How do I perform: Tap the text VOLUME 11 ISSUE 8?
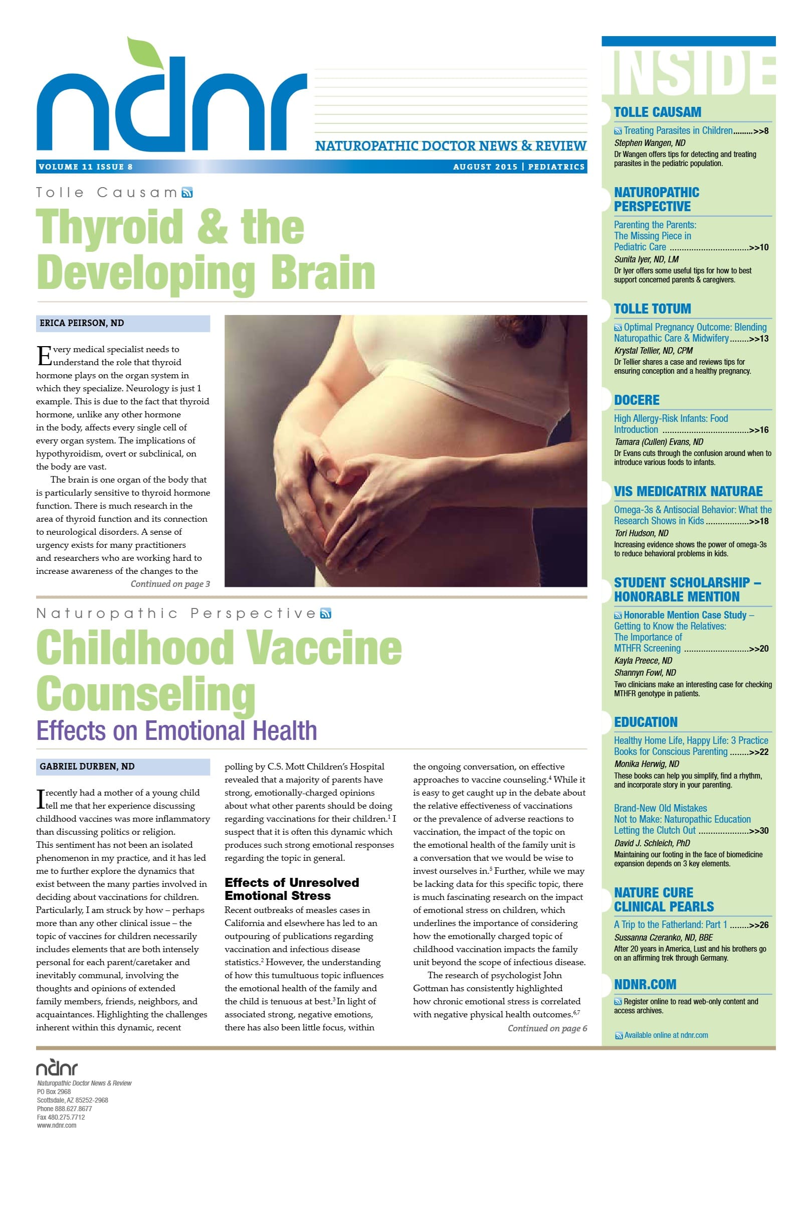point(85,167)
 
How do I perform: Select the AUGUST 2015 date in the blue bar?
point(485,167)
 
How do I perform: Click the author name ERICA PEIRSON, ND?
point(82,324)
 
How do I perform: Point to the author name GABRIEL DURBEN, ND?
point(87,767)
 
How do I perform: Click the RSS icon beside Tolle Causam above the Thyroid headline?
point(187,193)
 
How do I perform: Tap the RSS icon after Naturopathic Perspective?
point(326,614)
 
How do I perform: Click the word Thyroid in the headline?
point(109,227)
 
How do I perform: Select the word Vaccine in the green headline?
point(324,648)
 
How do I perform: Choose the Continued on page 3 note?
point(170,584)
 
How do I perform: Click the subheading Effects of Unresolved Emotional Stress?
point(292,889)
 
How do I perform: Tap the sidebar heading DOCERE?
point(637,400)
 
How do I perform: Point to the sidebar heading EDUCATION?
point(645,723)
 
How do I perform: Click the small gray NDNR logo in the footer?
point(57,1068)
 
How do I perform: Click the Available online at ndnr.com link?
point(666,1036)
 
